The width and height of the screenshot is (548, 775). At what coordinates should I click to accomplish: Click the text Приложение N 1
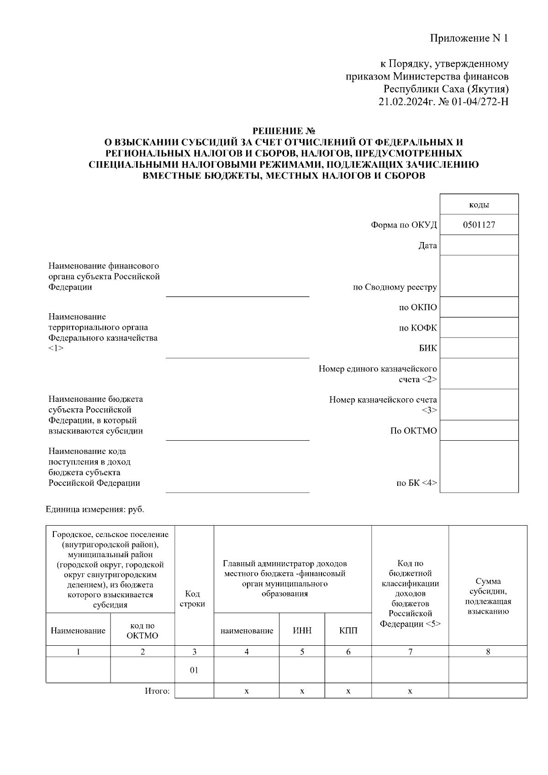pyautogui.click(x=469, y=38)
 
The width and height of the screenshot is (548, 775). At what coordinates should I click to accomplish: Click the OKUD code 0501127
pyautogui.click(x=479, y=225)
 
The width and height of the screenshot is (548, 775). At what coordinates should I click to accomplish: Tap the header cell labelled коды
pyautogui.click(x=479, y=205)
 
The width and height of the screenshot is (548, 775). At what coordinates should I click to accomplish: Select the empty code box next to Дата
pyautogui.click(x=479, y=245)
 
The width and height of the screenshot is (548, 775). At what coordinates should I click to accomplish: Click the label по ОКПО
pyautogui.click(x=417, y=307)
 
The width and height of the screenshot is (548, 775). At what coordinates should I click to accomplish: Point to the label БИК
pyautogui.click(x=427, y=348)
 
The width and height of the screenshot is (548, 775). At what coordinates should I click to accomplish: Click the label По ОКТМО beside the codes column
pyautogui.click(x=413, y=431)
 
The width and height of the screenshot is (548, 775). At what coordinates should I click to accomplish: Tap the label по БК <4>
pyautogui.click(x=416, y=483)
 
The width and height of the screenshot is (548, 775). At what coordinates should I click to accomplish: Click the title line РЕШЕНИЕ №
pyautogui.click(x=285, y=132)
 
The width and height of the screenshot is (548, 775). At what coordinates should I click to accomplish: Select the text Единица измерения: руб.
pyautogui.click(x=95, y=509)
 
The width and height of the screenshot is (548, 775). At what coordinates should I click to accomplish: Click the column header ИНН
pyautogui.click(x=302, y=631)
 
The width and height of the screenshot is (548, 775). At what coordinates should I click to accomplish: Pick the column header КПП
pyautogui.click(x=348, y=631)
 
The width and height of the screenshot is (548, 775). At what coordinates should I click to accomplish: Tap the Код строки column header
pyautogui.click(x=192, y=599)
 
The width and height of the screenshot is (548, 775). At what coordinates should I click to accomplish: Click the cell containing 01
pyautogui.click(x=194, y=670)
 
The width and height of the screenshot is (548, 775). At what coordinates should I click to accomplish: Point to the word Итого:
pyautogui.click(x=157, y=691)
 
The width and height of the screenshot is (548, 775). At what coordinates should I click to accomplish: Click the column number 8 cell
pyautogui.click(x=488, y=652)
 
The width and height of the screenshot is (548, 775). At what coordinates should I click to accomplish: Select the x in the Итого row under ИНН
pyautogui.click(x=302, y=691)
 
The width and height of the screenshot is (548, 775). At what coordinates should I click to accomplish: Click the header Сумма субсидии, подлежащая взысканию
pyautogui.click(x=488, y=596)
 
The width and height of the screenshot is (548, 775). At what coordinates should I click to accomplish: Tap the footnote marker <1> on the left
pyautogui.click(x=56, y=348)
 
